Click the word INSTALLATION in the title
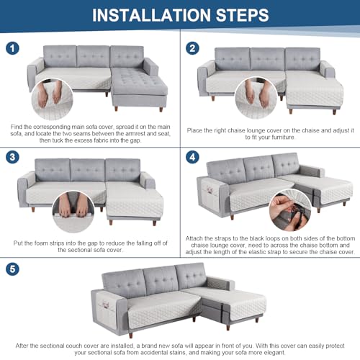151,15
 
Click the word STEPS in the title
243,15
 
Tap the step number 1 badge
12,48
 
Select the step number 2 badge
192,48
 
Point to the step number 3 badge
12,157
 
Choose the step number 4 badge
192,157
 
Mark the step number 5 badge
12,269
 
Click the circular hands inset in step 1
53,99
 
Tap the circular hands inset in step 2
256,98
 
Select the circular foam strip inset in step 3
73,212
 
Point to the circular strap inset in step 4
290,210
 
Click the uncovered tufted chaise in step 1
139,89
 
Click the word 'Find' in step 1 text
17,127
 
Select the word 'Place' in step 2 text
194,130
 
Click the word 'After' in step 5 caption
22,346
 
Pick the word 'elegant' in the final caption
274,353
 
